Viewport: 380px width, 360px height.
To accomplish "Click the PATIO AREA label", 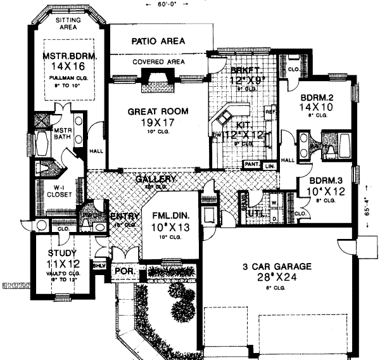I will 158,41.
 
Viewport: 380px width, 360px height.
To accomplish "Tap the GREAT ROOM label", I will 158,111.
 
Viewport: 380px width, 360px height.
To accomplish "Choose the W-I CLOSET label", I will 55,191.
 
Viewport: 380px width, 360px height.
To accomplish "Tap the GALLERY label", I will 155,179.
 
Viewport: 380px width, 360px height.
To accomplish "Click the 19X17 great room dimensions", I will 158,124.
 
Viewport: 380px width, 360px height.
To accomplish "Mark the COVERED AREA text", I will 158,62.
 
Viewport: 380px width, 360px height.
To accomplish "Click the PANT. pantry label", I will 251,165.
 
